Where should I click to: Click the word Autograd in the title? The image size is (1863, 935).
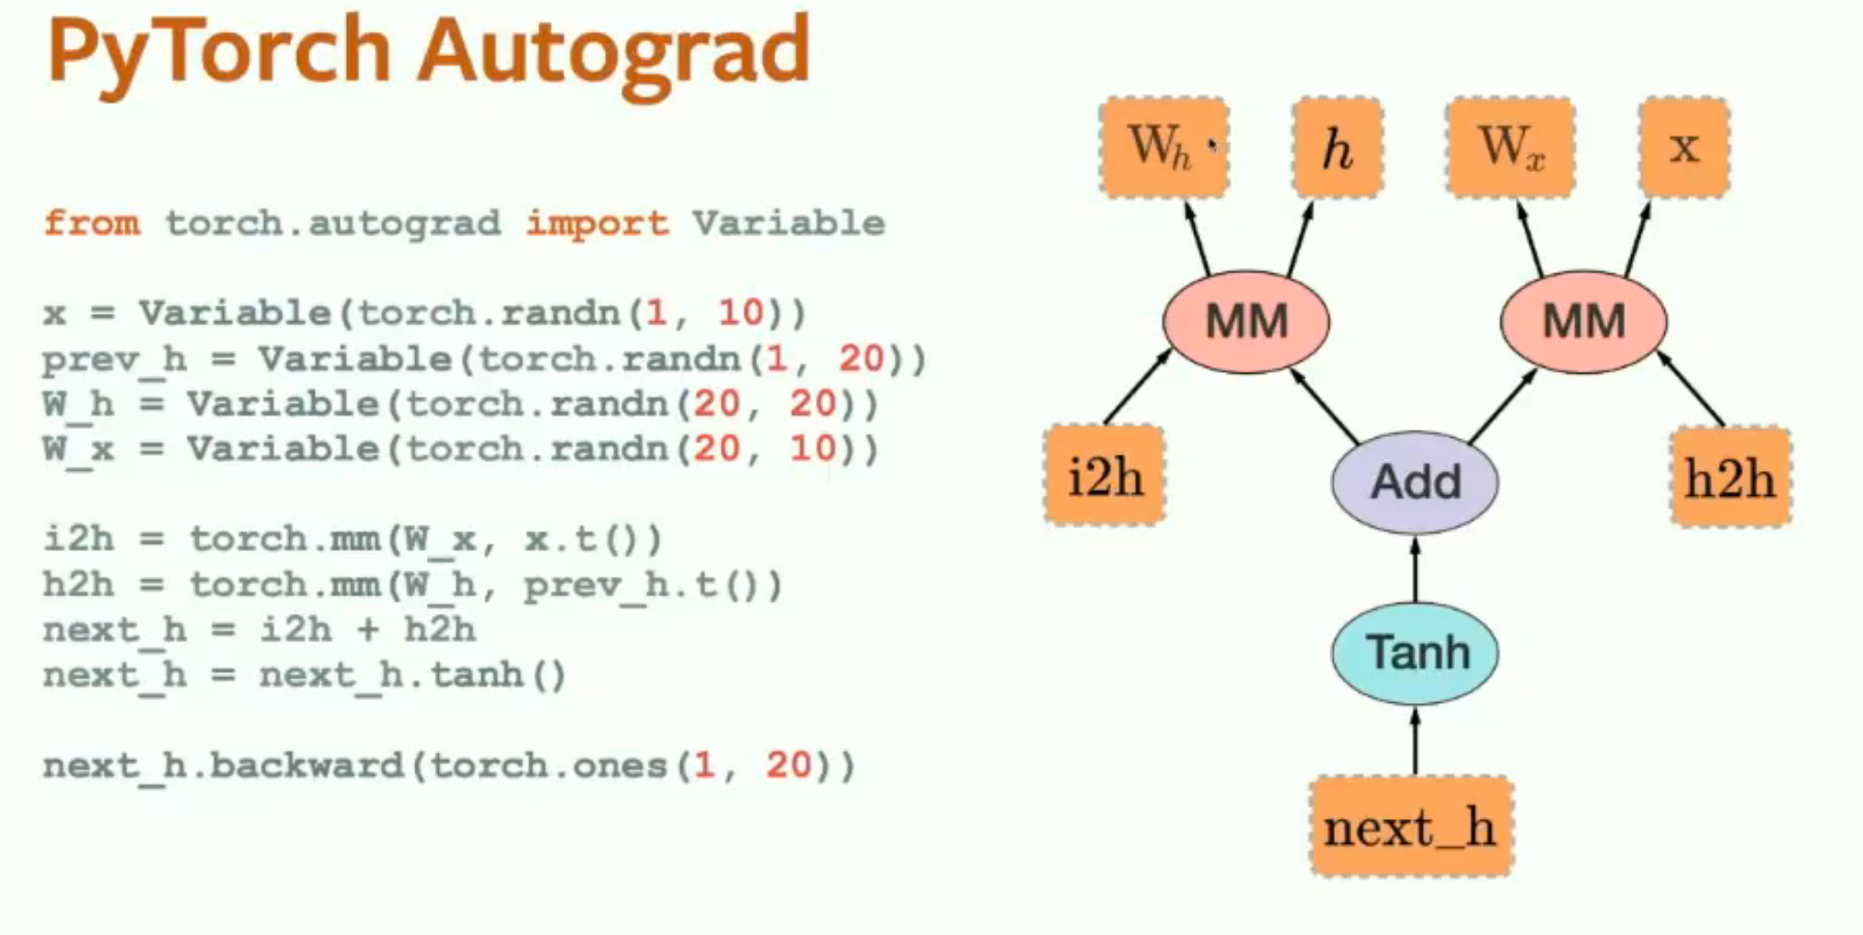pyautogui.click(x=613, y=52)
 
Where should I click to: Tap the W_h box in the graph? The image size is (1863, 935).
pyautogui.click(x=1163, y=147)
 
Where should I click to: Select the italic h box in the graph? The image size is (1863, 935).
pyautogui.click(x=1337, y=147)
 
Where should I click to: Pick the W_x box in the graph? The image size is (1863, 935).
pyautogui.click(x=1510, y=147)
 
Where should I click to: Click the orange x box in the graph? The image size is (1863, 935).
pyautogui.click(x=1684, y=147)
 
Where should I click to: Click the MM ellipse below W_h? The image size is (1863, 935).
pyautogui.click(x=1246, y=321)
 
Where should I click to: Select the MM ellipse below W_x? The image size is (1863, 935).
pyautogui.click(x=1583, y=321)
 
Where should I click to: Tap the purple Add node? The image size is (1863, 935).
pyautogui.click(x=1415, y=481)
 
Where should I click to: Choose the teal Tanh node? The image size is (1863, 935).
pyautogui.click(x=1415, y=652)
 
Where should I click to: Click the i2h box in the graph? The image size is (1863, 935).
pyautogui.click(x=1105, y=476)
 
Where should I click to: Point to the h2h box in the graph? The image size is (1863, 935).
pyautogui.click(x=1730, y=477)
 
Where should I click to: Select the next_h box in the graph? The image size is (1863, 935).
pyautogui.click(x=1411, y=825)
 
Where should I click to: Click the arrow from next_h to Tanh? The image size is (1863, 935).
pyautogui.click(x=1415, y=740)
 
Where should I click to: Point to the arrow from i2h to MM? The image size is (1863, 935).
pyautogui.click(x=1138, y=387)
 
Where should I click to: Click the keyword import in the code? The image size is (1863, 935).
pyautogui.click(x=597, y=223)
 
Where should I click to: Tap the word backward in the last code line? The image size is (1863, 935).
pyautogui.click(x=307, y=765)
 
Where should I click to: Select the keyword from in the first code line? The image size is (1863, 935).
pyautogui.click(x=92, y=223)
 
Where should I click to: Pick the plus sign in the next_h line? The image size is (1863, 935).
pyautogui.click(x=367, y=629)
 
